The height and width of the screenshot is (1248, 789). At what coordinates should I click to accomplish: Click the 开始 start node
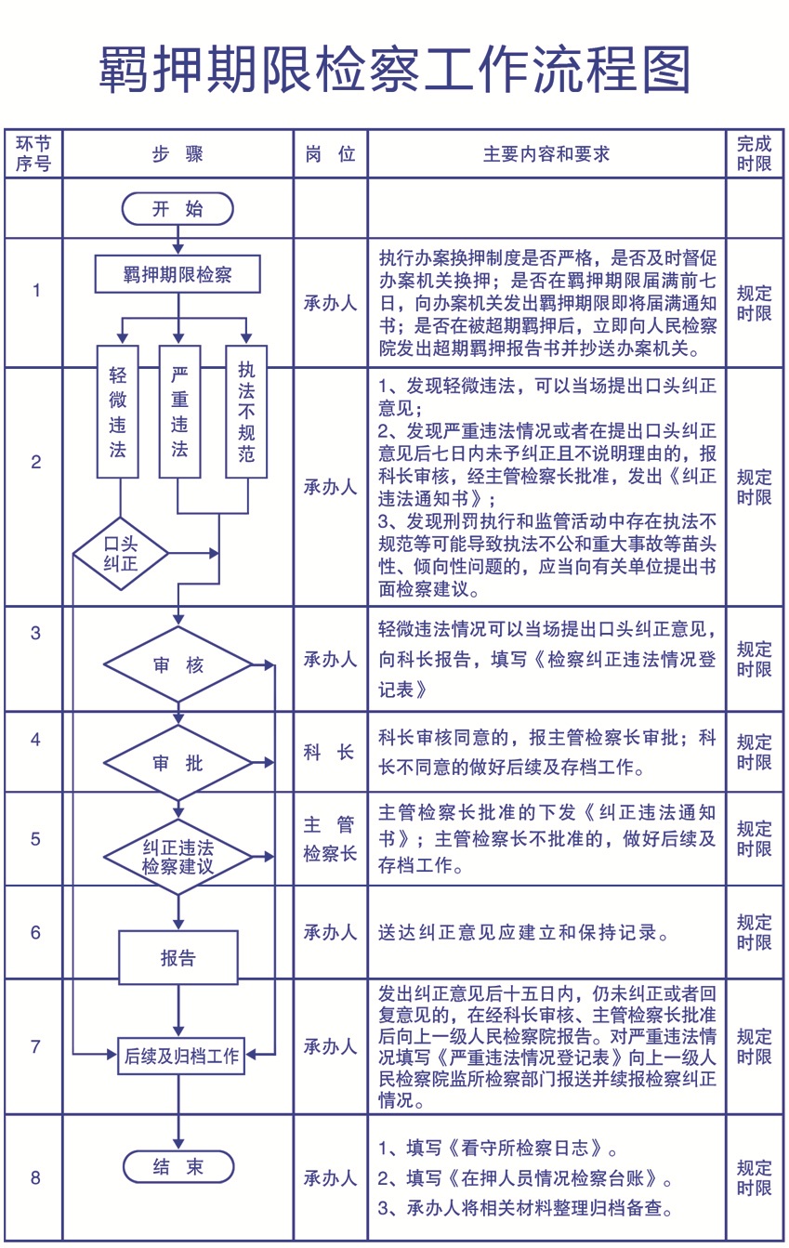click(x=178, y=209)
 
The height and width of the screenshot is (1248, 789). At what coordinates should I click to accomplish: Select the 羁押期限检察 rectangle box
click(x=178, y=274)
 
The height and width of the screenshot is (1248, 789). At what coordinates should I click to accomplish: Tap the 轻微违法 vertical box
click(x=118, y=412)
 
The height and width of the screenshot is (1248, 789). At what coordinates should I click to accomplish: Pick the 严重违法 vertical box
click(x=179, y=412)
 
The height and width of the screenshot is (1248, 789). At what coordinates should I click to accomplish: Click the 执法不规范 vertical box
click(x=246, y=412)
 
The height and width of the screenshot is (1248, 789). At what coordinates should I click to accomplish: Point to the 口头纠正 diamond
click(x=121, y=554)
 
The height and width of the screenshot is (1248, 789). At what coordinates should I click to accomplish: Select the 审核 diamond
click(x=178, y=664)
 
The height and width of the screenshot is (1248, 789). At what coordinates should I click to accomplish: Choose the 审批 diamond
click(x=178, y=763)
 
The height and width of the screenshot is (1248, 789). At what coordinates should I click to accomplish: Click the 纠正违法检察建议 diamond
click(x=178, y=857)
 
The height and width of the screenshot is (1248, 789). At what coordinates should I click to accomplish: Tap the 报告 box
click(x=178, y=957)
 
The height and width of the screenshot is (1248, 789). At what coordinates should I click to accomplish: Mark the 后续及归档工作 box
click(x=181, y=1055)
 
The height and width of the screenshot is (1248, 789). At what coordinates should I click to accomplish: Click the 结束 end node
click(x=178, y=1166)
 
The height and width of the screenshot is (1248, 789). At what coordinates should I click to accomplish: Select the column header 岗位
click(x=330, y=153)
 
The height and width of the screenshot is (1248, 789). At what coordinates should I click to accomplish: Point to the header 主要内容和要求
click(x=546, y=153)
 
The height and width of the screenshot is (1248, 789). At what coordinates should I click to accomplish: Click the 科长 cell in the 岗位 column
click(x=330, y=752)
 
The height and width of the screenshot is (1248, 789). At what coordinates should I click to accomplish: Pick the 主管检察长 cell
click(x=330, y=838)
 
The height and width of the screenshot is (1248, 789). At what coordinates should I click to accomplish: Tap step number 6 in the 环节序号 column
click(x=35, y=932)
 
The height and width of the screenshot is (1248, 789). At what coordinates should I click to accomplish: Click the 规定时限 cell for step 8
click(x=754, y=1177)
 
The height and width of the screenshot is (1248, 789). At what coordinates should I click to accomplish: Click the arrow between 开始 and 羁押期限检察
click(x=178, y=240)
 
